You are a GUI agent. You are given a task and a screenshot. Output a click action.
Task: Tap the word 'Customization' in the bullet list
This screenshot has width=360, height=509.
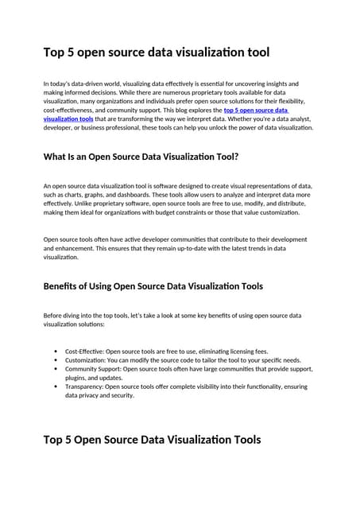[x=86, y=359]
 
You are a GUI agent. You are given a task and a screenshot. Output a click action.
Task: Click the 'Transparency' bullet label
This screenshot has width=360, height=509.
[x=85, y=387]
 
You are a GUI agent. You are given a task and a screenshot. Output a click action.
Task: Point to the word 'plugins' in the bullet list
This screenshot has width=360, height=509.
[x=77, y=378]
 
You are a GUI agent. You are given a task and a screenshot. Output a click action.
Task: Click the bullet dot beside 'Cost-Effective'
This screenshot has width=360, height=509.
[x=55, y=351]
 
